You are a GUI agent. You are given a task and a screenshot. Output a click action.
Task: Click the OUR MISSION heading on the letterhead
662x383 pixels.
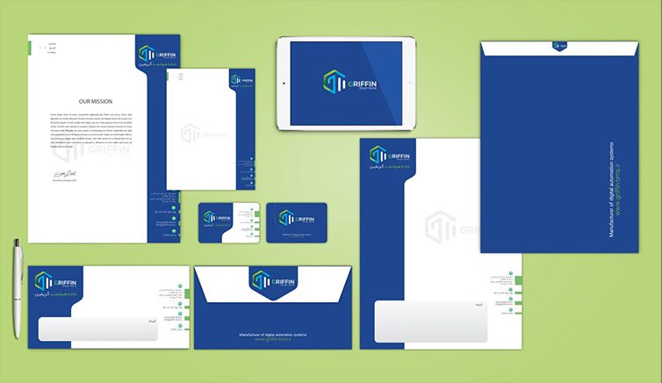click(x=96, y=101)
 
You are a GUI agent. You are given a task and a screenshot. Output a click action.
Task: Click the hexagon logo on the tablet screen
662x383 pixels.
click(x=335, y=83)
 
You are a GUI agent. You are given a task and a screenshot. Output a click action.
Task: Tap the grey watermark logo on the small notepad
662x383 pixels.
click(x=191, y=134)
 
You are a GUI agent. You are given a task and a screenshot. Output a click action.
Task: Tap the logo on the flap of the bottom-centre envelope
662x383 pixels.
click(x=271, y=280)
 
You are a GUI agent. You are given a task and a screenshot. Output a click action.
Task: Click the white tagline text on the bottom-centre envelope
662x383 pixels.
click(x=271, y=335)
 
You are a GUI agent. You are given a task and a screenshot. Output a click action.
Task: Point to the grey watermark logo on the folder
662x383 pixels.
click(x=442, y=227)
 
